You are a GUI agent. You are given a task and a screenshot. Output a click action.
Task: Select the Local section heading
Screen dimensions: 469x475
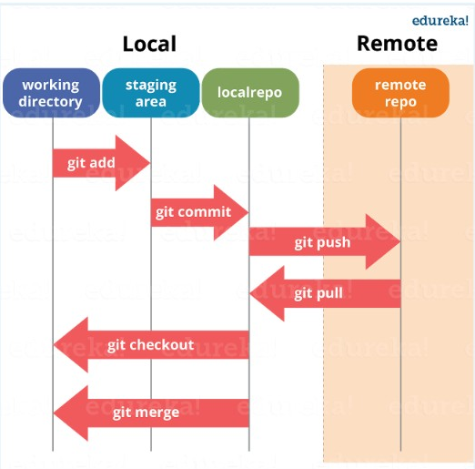(x=149, y=44)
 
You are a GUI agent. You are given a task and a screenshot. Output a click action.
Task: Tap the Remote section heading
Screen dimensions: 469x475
(x=397, y=44)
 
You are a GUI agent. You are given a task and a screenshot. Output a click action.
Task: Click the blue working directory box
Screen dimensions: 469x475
(x=50, y=93)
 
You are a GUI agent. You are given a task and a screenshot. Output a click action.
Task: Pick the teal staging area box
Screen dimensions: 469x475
(x=151, y=93)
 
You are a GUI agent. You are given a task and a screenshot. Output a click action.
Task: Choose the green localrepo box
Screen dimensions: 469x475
(x=249, y=93)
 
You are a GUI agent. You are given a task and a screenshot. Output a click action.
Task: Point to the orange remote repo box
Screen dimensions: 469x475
(x=400, y=93)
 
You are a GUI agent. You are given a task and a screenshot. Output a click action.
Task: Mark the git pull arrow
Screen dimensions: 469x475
(x=324, y=293)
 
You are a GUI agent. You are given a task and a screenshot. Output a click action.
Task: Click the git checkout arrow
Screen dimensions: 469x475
(x=151, y=344)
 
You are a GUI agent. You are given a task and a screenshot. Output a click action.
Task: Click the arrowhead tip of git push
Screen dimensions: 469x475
(x=399, y=242)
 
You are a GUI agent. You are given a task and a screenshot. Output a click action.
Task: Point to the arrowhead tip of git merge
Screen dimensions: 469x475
(x=56, y=413)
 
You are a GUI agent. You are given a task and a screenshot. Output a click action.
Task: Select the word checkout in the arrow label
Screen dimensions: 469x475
(x=162, y=344)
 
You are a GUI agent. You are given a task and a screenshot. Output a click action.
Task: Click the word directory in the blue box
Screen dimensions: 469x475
(x=50, y=101)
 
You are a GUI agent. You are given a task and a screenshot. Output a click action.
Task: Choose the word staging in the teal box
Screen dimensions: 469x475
(x=151, y=85)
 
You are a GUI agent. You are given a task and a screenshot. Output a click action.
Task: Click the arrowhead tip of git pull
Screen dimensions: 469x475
(x=253, y=293)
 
